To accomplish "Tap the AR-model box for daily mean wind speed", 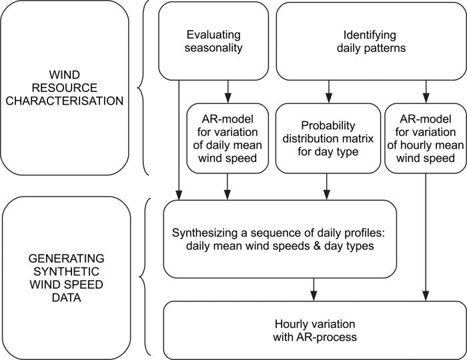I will pos(227,137).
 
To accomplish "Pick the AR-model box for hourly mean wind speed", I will pos(426,137).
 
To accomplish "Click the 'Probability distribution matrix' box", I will pos(327,137).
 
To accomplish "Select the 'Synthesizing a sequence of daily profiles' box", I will pos(280,239).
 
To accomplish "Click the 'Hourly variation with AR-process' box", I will pos(313,330).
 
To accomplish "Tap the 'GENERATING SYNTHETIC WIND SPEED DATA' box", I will pos(63,277).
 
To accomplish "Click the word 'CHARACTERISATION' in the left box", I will pos(63,101).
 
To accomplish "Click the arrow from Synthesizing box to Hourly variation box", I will pos(313,289).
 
